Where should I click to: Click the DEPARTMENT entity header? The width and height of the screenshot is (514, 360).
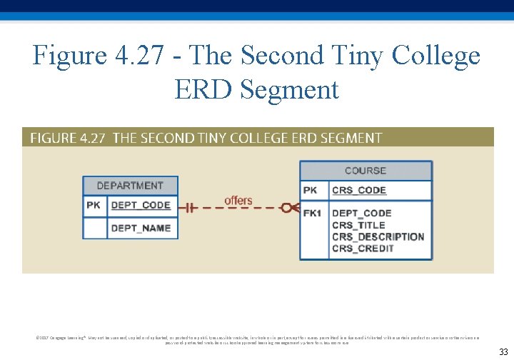coord(130,186)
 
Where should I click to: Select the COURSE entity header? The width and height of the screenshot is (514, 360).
coord(365,171)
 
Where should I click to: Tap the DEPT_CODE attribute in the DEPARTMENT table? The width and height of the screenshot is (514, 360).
coord(141,205)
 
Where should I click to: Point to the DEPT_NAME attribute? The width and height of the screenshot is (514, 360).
coord(141,228)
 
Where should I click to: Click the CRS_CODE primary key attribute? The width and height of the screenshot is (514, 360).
coord(359,190)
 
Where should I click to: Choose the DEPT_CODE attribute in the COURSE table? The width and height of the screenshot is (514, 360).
coord(362,213)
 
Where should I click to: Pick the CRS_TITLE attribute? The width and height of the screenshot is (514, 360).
coord(358,225)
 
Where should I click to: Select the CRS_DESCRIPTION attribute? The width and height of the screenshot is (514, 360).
coord(378,236)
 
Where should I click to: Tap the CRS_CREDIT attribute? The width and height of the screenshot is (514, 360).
coord(363,249)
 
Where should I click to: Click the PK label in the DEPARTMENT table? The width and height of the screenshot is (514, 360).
coord(94,205)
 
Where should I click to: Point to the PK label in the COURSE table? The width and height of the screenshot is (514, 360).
coord(311,190)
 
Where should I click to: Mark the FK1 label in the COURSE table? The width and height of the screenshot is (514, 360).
coord(312,213)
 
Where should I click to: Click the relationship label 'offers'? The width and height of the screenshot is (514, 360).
coord(238,200)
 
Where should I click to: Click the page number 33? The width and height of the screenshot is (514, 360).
coord(503,351)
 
